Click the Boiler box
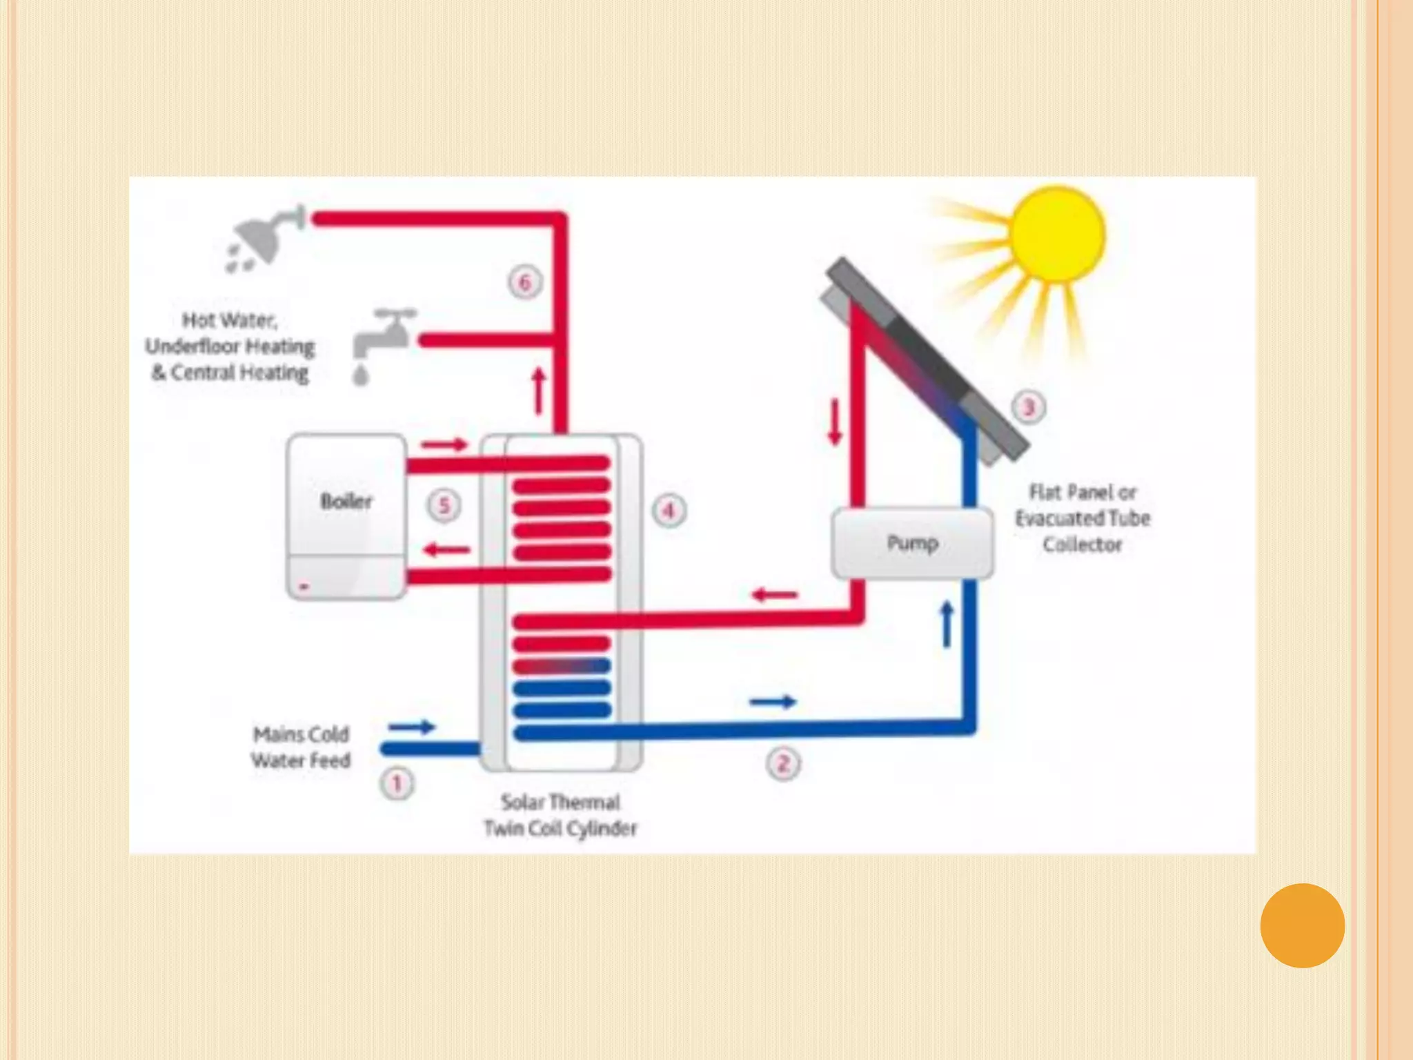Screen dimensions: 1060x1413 click(x=346, y=516)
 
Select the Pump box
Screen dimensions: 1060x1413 click(x=912, y=543)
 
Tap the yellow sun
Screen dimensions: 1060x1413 click(x=1056, y=235)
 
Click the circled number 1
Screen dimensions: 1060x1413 click(x=397, y=784)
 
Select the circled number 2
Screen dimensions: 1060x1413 click(x=783, y=764)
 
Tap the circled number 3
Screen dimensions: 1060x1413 click(x=1028, y=407)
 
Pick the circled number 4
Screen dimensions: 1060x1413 click(x=668, y=511)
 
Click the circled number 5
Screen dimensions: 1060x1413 click(x=444, y=505)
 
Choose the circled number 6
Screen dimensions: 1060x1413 click(x=524, y=282)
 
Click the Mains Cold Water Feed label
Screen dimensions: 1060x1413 click(x=301, y=747)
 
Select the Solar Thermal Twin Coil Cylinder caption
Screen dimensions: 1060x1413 click(x=560, y=815)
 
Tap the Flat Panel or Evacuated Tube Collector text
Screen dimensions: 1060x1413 click(x=1082, y=518)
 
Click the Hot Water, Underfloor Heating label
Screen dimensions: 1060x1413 click(x=230, y=346)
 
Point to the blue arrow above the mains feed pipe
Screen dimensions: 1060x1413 click(x=411, y=727)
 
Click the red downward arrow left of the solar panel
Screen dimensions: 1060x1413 click(x=835, y=421)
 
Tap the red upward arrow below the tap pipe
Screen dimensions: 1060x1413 click(x=539, y=391)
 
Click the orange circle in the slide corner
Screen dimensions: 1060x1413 click(x=1302, y=925)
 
